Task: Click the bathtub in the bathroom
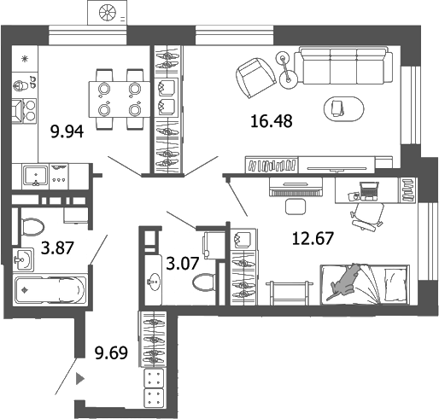[50, 290]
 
